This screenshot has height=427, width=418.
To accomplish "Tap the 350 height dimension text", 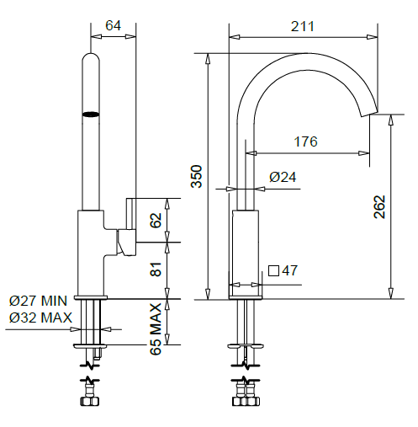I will [x=196, y=175].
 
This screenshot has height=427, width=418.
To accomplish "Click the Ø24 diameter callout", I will [x=283, y=177].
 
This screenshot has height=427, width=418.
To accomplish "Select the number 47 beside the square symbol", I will [x=289, y=270].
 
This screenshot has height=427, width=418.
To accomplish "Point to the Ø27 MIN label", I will [x=38, y=301].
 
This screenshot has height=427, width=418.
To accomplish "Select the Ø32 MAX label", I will [x=38, y=317].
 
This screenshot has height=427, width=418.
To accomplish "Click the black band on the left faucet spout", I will [x=90, y=112].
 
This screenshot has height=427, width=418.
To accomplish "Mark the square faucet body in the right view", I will [x=244, y=248].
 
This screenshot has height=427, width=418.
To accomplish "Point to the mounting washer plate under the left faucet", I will [x=91, y=345].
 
